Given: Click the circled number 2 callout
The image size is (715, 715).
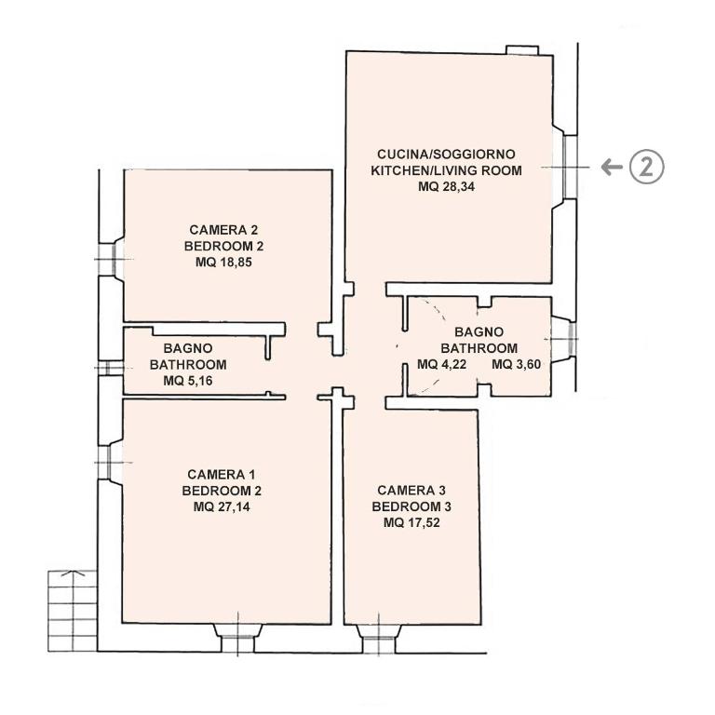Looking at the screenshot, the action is tap(647, 167).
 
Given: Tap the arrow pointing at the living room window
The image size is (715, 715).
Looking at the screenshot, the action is tap(612, 167).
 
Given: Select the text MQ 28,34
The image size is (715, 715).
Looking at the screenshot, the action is tap(447, 187).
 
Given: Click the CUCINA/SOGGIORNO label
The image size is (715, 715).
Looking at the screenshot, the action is tap(447, 155).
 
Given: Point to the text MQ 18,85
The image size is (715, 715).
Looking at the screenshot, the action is tap(223, 263).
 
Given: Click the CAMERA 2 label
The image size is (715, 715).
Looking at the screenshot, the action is tap(223, 230).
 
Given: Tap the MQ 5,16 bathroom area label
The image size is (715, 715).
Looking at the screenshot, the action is tap(188, 381).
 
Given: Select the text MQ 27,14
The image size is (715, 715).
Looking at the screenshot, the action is tap(222, 507).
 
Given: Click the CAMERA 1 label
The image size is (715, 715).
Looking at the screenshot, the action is tap(222, 475).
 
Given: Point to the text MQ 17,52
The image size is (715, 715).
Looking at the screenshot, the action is tap(411, 522).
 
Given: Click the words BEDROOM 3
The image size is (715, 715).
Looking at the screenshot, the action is tap(411, 506).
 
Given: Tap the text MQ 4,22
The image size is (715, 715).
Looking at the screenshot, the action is tap(442, 364).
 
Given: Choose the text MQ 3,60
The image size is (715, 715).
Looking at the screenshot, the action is tap(517, 364).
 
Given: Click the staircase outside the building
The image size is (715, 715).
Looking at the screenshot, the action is tap(73, 611).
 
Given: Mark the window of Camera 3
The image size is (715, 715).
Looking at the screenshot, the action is tap(379, 640).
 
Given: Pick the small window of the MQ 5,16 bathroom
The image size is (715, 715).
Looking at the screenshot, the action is tap(110, 368).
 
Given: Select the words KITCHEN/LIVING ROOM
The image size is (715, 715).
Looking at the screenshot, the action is tap(447, 170).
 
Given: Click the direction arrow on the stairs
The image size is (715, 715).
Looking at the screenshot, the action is tap(73, 573).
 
